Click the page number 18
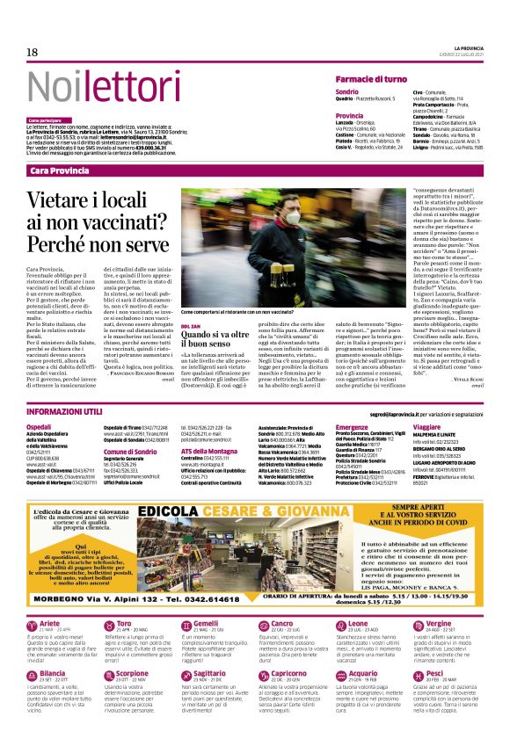(32, 53)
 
